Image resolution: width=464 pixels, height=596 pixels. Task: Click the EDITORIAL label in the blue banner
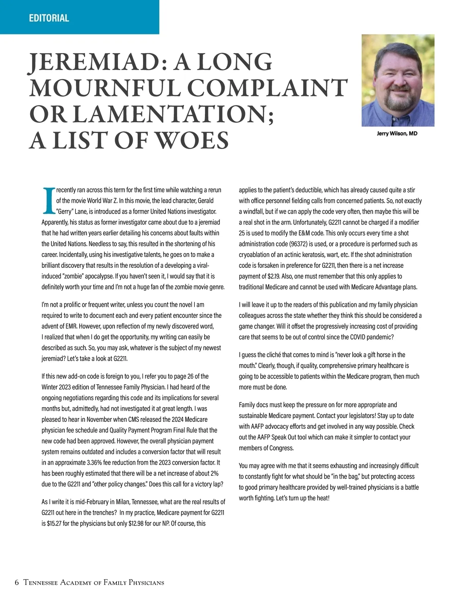49,18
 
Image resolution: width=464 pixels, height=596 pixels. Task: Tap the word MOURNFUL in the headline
105,88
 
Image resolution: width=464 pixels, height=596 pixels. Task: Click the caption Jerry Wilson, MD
397,134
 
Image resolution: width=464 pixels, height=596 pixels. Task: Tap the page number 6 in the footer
17,582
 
